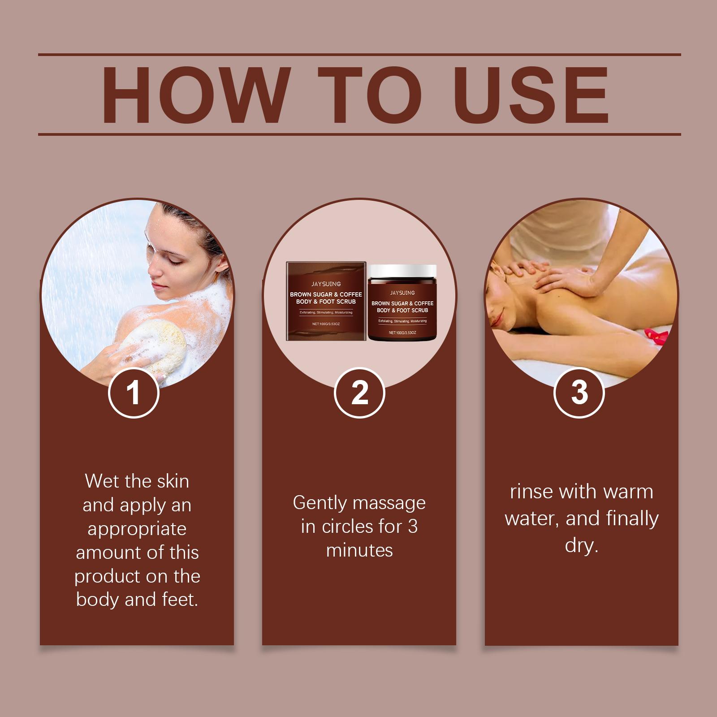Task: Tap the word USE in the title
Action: (533, 95)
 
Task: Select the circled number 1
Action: (134, 393)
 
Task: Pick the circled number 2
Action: (359, 393)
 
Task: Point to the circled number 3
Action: (579, 393)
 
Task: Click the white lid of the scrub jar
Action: (402, 271)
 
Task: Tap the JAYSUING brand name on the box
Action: (326, 284)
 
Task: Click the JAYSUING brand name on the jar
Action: (402, 293)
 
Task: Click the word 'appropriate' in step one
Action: (137, 529)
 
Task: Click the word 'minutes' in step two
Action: (359, 550)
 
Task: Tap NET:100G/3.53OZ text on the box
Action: (326, 324)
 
